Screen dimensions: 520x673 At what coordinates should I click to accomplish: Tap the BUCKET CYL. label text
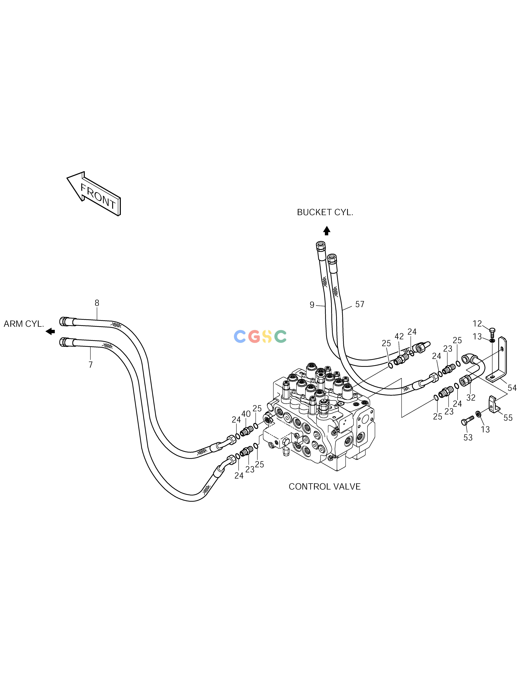[325, 212]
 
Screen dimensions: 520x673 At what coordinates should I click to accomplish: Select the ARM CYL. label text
[24, 324]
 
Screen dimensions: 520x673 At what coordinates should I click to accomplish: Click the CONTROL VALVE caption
[324, 487]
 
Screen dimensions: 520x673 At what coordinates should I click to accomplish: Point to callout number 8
[97, 303]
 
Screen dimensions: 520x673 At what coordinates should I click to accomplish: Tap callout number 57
[360, 304]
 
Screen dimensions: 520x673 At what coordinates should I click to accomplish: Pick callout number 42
[399, 336]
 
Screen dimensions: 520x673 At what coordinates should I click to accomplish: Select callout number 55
[508, 418]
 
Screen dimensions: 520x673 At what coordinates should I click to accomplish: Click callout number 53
[468, 438]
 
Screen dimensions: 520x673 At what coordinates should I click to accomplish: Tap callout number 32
[471, 398]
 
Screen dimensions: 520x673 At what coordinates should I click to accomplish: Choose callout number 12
[477, 324]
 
